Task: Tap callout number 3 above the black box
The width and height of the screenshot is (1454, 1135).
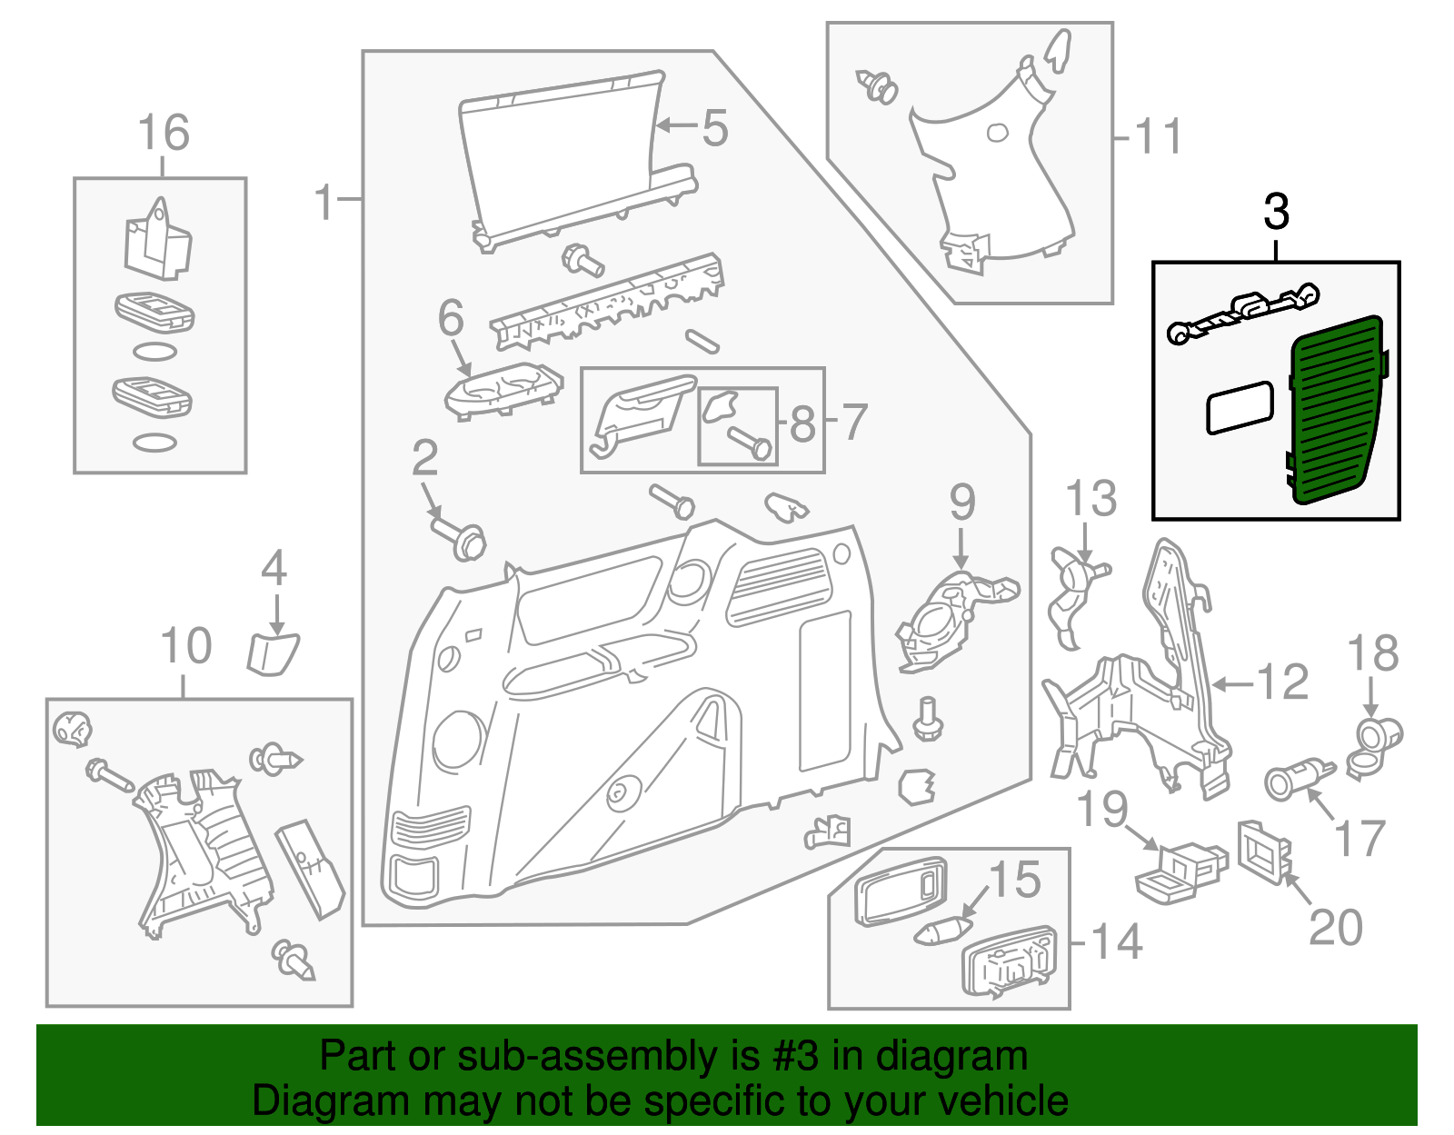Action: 1276,213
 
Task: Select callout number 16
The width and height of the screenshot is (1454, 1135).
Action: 164,134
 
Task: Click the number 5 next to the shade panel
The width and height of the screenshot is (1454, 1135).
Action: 715,128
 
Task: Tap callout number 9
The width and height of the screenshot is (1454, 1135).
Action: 962,503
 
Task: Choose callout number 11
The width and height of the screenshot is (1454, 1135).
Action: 1159,138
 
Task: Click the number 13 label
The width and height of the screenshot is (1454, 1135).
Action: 1090,500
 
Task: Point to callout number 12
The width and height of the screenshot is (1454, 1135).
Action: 1282,682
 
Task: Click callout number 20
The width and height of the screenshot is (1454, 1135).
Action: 1336,928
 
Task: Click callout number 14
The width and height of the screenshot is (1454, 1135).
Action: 1116,942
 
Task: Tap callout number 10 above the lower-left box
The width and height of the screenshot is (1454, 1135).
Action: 185,647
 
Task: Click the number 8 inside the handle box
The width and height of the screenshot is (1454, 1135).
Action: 802,424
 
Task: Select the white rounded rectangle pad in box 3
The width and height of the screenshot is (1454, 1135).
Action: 1239,407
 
